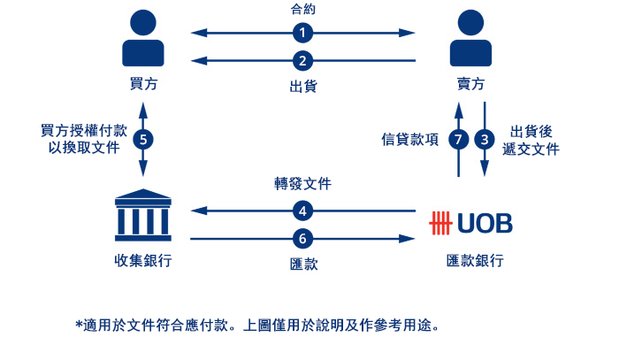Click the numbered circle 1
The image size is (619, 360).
[302, 33]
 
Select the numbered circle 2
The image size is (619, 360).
[302, 61]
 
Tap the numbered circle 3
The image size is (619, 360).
[484, 140]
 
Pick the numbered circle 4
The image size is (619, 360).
[302, 211]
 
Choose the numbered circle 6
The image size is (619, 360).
[302, 239]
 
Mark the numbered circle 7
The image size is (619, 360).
[457, 140]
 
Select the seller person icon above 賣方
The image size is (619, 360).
[470, 38]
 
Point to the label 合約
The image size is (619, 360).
[302, 10]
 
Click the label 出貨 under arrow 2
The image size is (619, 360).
[302, 87]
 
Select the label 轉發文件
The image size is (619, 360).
[302, 185]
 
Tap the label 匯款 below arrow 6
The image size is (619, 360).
[302, 264]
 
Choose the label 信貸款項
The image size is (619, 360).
[410, 140]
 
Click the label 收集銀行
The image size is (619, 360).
[143, 262]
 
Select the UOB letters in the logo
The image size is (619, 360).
[485, 222]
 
